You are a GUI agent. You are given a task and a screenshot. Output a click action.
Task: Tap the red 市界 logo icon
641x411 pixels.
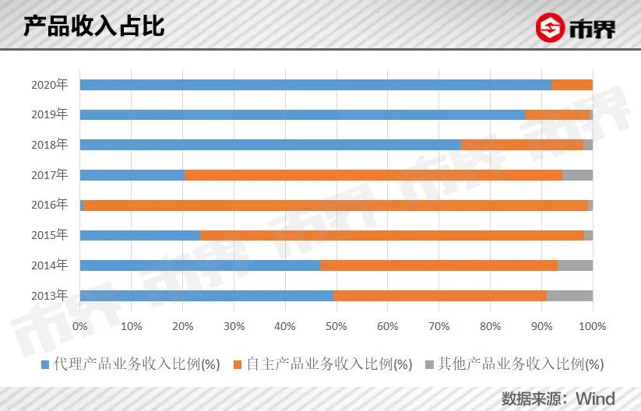click(549, 29)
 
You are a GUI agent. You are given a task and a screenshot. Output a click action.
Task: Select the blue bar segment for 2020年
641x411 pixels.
click(315, 85)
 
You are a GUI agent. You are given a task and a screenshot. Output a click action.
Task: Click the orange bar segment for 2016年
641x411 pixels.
click(335, 205)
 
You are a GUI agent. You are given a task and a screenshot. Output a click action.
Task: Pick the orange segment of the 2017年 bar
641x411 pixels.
click(373, 175)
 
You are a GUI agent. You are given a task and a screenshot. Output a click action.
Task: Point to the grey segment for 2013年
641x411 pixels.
click(569, 296)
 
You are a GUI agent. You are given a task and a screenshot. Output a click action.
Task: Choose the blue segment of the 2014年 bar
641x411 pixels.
click(199, 265)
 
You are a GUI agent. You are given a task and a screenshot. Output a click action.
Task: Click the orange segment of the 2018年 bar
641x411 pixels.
click(522, 145)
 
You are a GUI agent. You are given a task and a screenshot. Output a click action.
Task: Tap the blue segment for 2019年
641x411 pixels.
click(302, 115)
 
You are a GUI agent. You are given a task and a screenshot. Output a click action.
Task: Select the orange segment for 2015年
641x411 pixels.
click(392, 235)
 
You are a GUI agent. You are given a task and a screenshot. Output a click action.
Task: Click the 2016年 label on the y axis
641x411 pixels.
click(50, 205)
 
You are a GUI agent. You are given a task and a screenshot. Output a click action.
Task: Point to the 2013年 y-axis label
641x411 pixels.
click(50, 295)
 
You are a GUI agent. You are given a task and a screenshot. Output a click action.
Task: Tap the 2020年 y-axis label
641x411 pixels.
click(50, 84)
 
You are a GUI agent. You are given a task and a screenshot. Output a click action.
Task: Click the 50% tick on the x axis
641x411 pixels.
click(336, 325)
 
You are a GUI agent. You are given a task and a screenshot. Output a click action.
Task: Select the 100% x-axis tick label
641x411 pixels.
click(592, 325)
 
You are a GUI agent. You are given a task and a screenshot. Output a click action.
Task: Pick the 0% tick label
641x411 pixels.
click(79, 325)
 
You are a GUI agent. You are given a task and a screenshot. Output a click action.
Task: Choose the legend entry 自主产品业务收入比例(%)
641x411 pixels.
click(324, 364)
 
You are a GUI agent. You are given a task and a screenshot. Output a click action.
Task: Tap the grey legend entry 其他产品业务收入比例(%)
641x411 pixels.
click(515, 364)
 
